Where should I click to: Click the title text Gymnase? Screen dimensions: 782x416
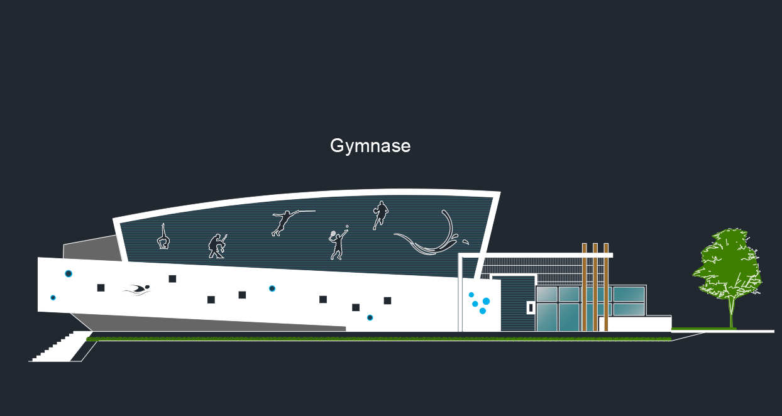tap(370, 146)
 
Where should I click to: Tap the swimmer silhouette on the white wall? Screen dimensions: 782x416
tap(137, 290)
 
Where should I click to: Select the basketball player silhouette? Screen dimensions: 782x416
tap(380, 215)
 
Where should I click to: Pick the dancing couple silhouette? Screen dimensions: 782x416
tap(217, 246)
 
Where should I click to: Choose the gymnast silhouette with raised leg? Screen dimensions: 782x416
tap(163, 238)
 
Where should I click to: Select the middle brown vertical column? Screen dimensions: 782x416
tap(595, 287)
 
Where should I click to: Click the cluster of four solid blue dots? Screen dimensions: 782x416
tap(479, 303)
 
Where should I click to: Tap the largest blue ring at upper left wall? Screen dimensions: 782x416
tap(69, 273)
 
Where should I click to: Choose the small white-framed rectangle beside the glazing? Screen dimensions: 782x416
tap(531, 308)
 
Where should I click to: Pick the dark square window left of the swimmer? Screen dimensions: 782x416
tap(101, 288)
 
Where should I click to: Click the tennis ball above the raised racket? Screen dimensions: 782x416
tap(347, 226)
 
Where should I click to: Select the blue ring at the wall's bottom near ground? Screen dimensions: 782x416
tap(370, 317)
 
